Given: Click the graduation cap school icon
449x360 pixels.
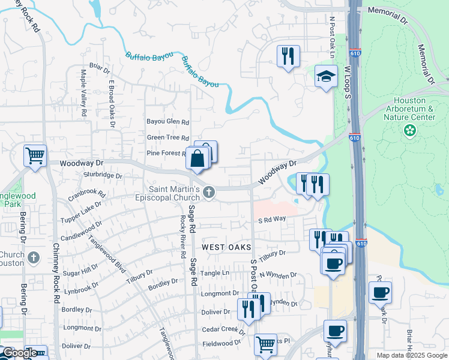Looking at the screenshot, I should click(326, 77).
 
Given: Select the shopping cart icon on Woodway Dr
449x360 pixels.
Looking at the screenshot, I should click(35, 156).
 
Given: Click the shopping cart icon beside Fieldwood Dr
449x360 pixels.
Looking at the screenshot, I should click(265, 345).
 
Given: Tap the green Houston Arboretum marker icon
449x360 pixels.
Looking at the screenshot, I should click(411, 130).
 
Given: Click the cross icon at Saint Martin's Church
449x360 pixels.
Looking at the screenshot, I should click(208, 192).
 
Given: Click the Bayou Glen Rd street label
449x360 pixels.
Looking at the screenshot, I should click(168, 121).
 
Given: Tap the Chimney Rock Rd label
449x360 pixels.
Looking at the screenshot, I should click(56, 272).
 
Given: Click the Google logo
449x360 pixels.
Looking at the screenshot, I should click(20, 352).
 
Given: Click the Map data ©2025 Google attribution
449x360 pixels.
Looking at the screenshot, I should click(411, 355).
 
